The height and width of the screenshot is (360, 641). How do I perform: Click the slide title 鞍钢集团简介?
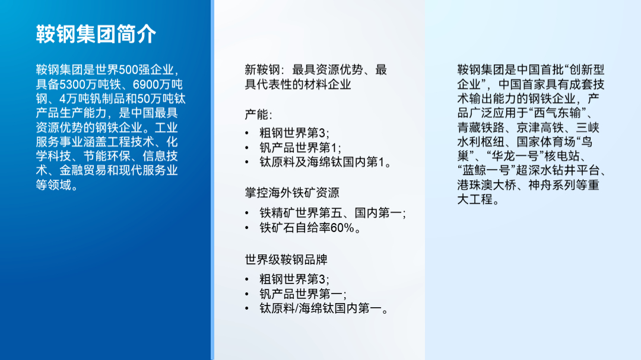(96, 34)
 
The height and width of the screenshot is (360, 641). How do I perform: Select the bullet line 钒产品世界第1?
(300, 148)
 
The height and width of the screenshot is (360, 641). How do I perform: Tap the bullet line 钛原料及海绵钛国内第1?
(325, 163)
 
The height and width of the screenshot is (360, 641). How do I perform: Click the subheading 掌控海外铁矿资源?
(292, 193)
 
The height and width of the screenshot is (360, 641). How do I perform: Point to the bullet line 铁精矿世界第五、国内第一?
(332, 213)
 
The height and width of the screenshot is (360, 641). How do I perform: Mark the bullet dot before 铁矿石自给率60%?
(247, 228)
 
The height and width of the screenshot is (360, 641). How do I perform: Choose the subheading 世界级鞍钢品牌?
(286, 260)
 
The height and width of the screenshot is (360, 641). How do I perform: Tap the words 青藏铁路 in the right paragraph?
(481, 128)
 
